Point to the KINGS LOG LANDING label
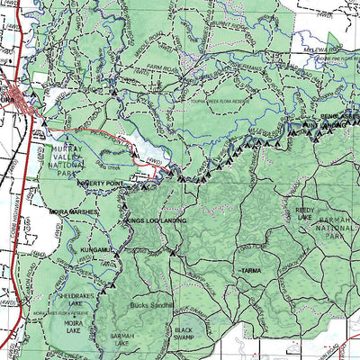click(x=157, y=220)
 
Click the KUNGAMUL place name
click(x=95, y=247)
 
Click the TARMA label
click(x=250, y=270)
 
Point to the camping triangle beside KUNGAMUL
click(x=115, y=256)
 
